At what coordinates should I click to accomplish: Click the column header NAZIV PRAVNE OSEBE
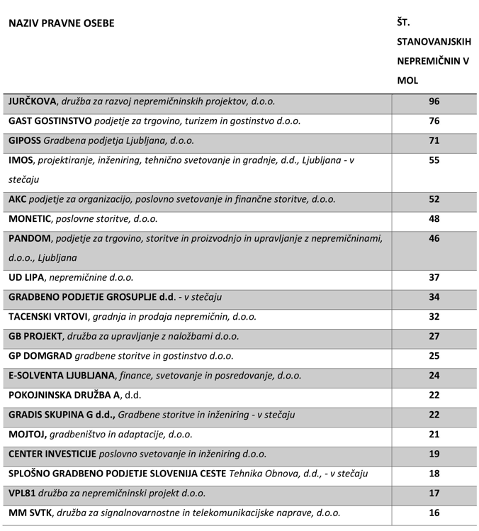pyautogui.click(x=61, y=23)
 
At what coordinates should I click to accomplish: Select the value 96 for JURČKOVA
pyautogui.click(x=434, y=102)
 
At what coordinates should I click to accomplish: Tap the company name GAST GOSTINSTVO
pyautogui.click(x=52, y=121)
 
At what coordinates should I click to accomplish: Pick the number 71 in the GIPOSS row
pyautogui.click(x=434, y=141)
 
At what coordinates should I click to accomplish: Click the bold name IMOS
pyautogui.click(x=21, y=161)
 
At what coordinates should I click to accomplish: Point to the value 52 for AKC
pyautogui.click(x=434, y=200)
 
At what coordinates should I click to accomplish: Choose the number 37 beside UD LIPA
pyautogui.click(x=434, y=278)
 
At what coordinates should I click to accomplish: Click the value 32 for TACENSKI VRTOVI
pyautogui.click(x=434, y=317)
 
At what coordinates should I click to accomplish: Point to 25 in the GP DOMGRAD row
pyautogui.click(x=434, y=356)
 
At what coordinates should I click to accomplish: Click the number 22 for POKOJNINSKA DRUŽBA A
pyautogui.click(x=434, y=395)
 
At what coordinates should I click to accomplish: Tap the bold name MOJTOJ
pyautogui.click(x=26, y=434)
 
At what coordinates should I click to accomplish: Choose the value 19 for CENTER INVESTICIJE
pyautogui.click(x=434, y=454)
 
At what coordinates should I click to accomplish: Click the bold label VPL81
pyautogui.click(x=23, y=493)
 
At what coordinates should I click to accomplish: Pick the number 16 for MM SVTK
pyautogui.click(x=434, y=513)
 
